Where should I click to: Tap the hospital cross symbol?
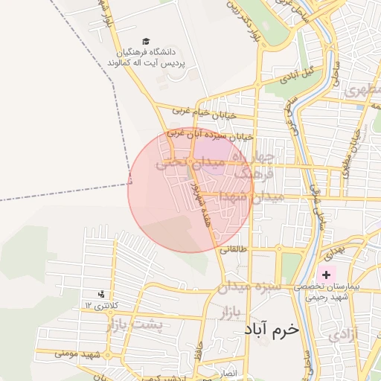click(x=326, y=275)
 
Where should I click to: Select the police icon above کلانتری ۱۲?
click(x=101, y=294)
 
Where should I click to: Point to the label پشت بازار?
click(x=133, y=325)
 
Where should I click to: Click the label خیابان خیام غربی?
click(x=204, y=112)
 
